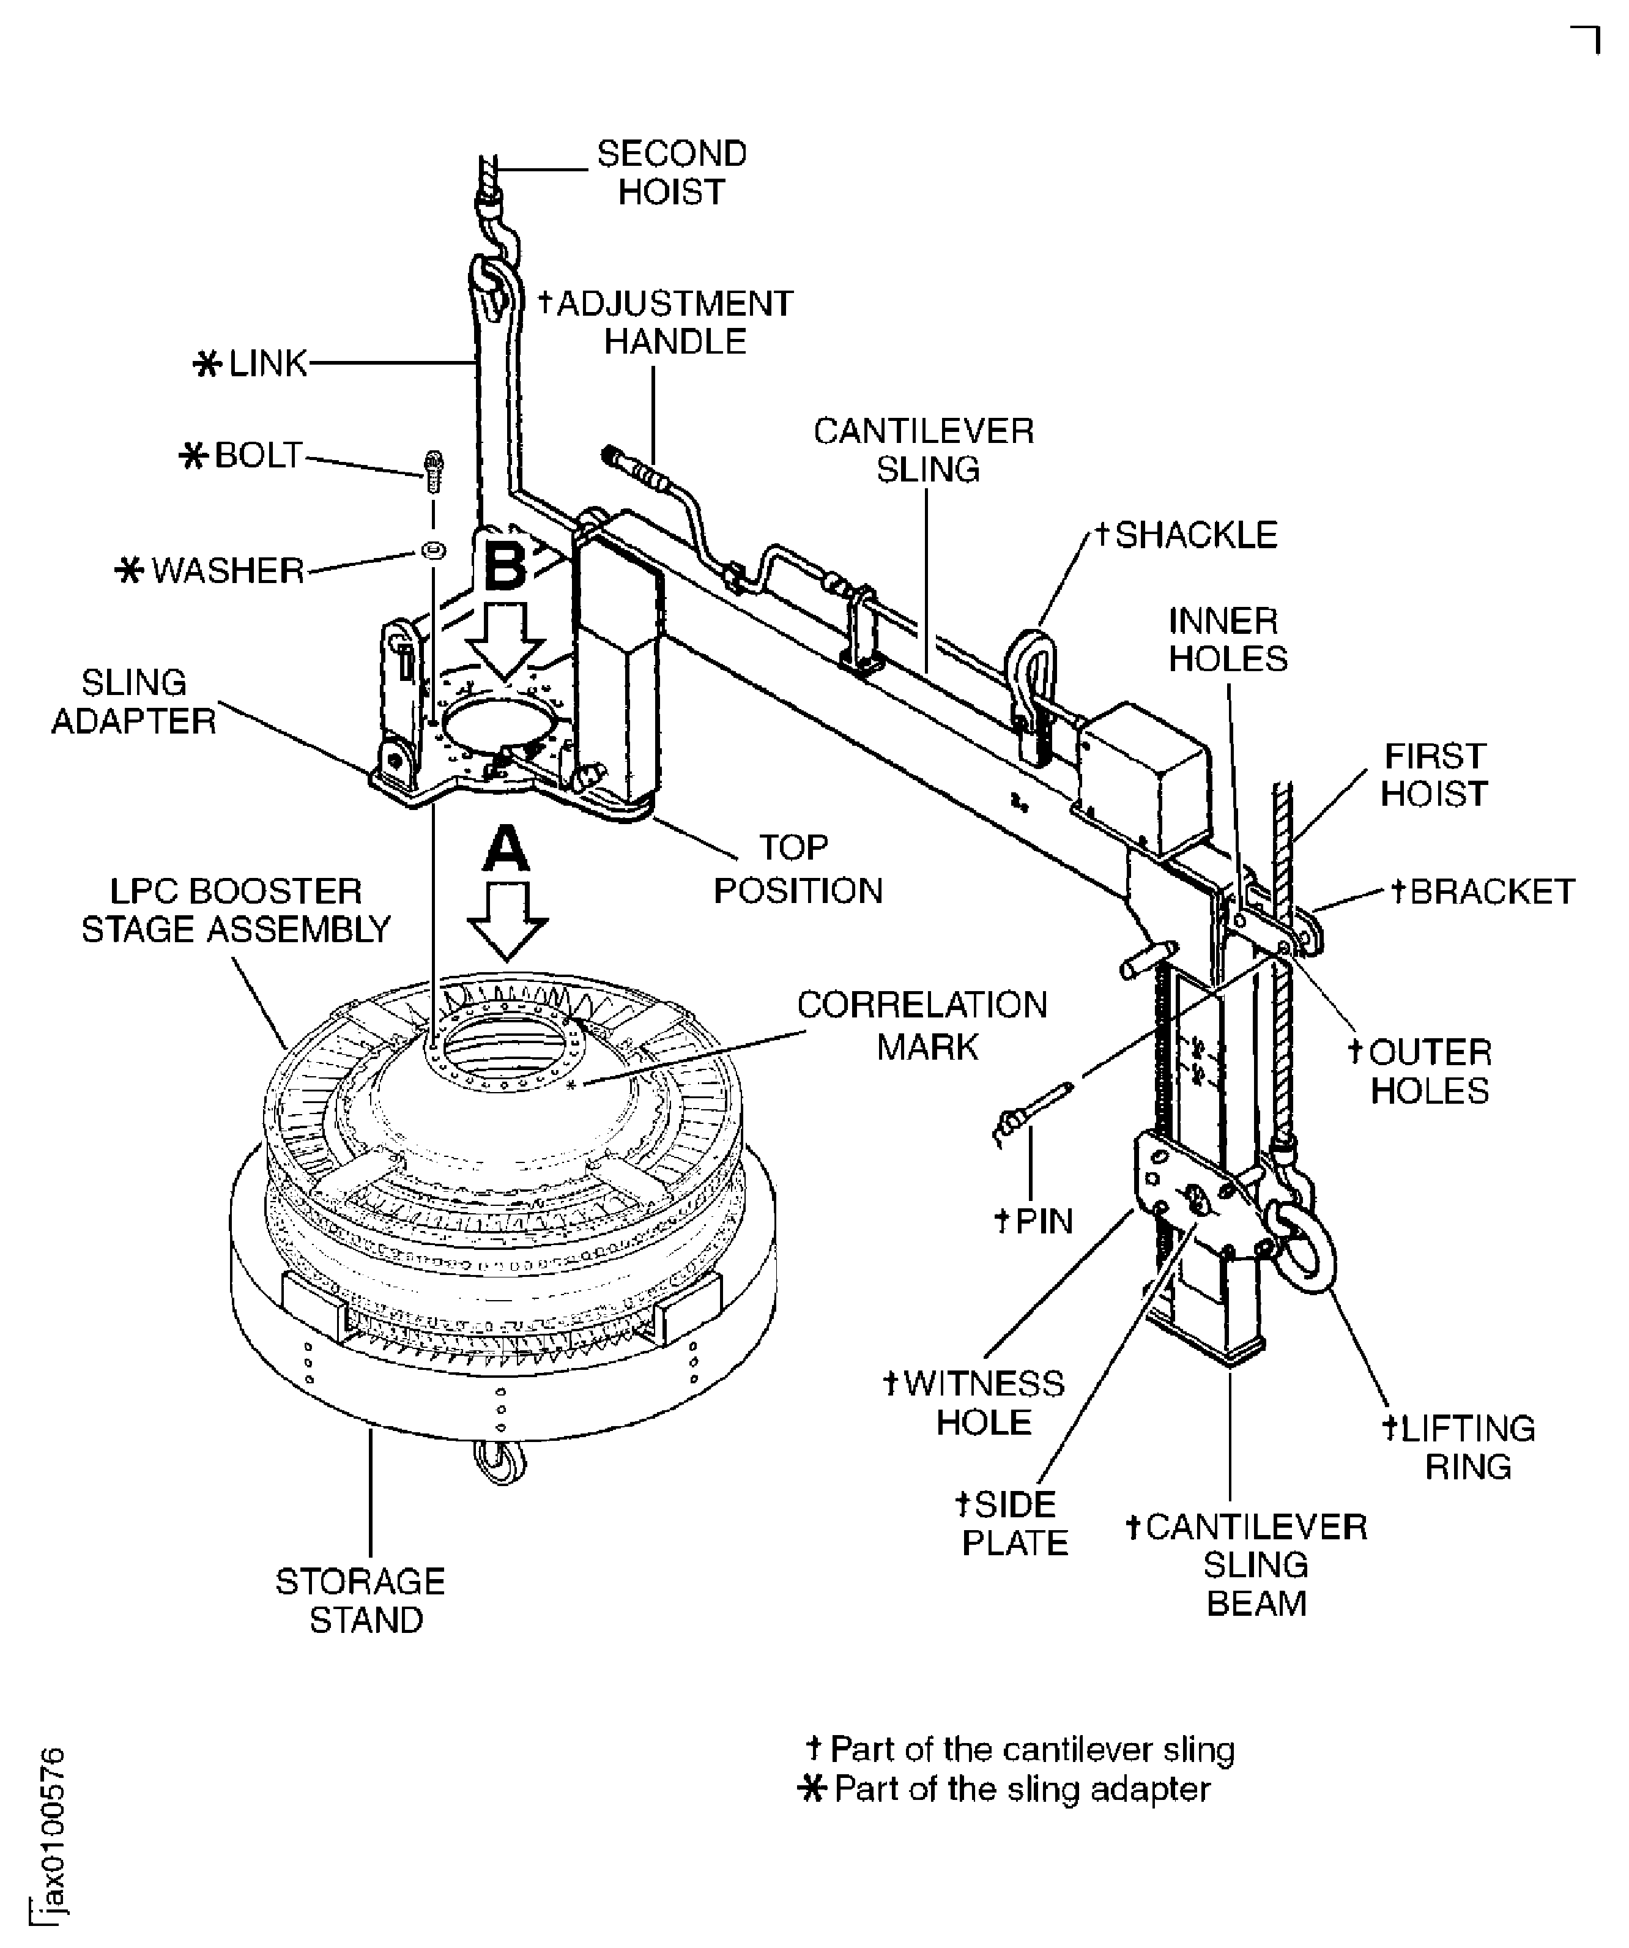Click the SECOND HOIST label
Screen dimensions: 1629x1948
coord(672,173)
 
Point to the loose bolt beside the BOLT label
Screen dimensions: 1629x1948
coord(433,471)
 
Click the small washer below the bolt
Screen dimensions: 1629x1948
coord(433,550)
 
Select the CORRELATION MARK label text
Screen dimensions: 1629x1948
coord(921,1026)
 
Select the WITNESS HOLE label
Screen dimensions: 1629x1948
coord(974,1402)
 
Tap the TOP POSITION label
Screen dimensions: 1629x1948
coord(798,869)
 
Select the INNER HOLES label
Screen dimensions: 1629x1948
coord(1227,639)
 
